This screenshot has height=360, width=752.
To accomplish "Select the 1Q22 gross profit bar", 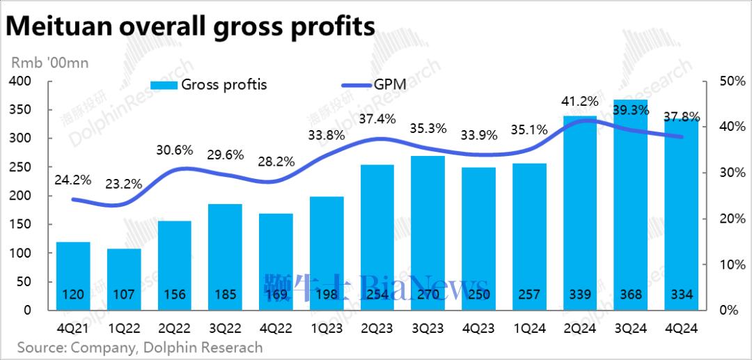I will click(x=124, y=279).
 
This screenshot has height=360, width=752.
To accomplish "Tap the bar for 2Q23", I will click(x=377, y=237).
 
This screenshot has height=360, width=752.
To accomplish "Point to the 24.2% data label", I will click(x=73, y=180).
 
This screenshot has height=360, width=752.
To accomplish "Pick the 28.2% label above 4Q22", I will click(x=276, y=162).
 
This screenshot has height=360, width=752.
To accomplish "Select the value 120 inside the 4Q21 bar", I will click(x=73, y=295).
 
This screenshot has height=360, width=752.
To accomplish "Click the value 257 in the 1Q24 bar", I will click(x=529, y=295).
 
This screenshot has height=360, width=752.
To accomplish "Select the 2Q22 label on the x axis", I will click(x=174, y=328).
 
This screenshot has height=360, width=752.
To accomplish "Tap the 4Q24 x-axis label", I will click(x=681, y=328).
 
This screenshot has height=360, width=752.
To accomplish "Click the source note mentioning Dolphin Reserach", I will click(x=139, y=347).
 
